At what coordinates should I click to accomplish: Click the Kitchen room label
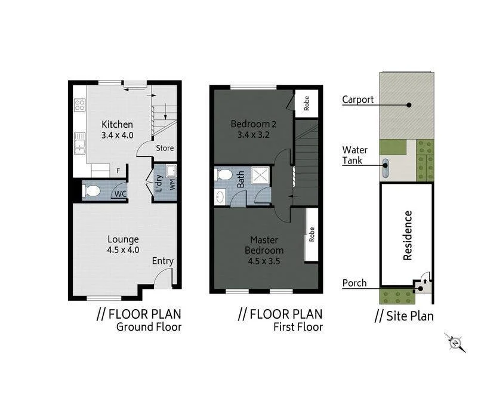[117, 125]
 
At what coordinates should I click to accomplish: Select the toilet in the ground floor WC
[93, 192]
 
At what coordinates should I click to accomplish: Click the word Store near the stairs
[165, 148]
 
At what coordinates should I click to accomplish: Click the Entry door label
[163, 261]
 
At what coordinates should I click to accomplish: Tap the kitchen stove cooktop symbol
[79, 106]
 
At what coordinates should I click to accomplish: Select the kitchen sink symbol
[79, 143]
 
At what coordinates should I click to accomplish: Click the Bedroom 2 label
[254, 124]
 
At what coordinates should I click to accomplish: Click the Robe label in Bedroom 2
[306, 103]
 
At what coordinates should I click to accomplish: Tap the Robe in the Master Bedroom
[312, 235]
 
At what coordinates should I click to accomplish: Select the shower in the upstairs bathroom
[260, 175]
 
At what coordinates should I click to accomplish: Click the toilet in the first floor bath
[223, 175]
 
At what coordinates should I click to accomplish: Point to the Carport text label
[358, 99]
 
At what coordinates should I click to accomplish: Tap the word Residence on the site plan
[408, 235]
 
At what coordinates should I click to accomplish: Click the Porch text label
[354, 283]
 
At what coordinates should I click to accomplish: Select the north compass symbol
[455, 343]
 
